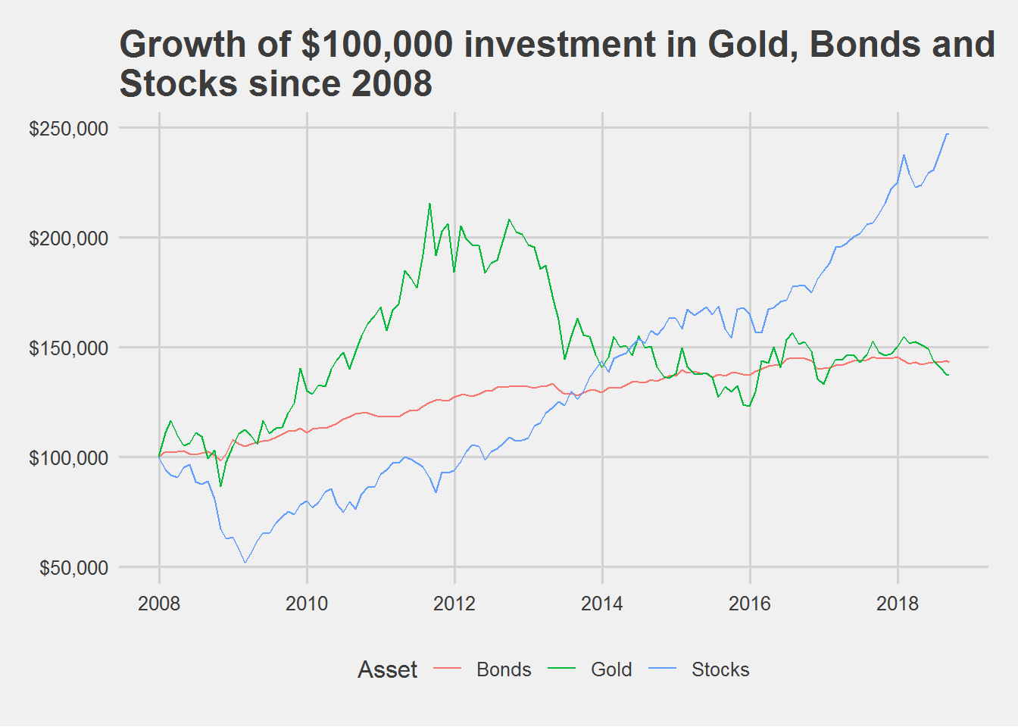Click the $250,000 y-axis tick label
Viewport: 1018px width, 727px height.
coord(68,129)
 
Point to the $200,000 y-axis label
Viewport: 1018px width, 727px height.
coord(68,239)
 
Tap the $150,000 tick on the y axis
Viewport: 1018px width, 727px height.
coord(68,348)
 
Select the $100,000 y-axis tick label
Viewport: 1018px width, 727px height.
coord(68,458)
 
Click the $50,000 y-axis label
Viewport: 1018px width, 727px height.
coord(73,568)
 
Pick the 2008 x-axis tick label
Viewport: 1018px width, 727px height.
coord(159,604)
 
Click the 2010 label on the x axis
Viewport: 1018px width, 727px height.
coord(307,604)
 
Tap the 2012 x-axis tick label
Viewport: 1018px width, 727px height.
coord(454,604)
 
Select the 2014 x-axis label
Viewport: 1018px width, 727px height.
coord(602,604)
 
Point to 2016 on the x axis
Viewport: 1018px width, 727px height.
coord(750,604)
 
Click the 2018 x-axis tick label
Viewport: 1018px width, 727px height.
coord(898,604)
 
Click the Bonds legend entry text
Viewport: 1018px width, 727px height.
coord(504,670)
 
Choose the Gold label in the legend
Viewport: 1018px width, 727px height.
coord(611,670)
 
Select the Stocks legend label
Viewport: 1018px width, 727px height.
coord(720,670)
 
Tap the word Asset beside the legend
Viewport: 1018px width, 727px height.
coord(387,670)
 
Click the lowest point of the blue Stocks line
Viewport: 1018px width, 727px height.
coord(245,563)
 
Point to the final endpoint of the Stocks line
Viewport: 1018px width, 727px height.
coord(948,134)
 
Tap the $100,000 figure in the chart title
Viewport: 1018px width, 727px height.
coord(376,45)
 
